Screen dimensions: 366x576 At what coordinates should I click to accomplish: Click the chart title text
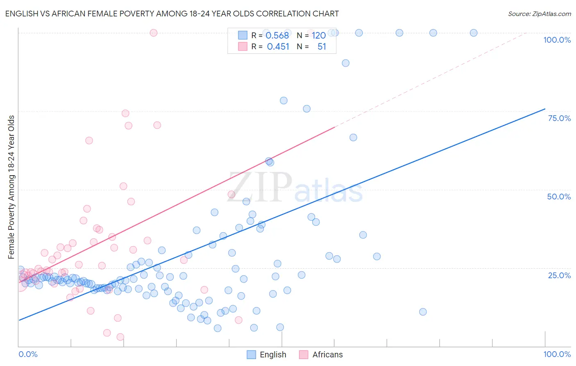(172, 14)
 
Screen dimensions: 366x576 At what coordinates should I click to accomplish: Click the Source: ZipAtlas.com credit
(539, 14)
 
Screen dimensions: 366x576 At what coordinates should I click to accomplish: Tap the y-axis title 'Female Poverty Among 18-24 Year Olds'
(11, 187)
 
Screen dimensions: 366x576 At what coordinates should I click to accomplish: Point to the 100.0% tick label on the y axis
(557, 40)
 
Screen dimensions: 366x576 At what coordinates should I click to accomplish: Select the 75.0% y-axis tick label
(559, 118)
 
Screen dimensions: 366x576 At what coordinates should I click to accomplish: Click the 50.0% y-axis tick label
(559, 197)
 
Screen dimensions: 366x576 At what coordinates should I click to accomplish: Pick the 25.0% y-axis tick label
(559, 275)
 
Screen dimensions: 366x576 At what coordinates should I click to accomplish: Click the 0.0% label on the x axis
(28, 354)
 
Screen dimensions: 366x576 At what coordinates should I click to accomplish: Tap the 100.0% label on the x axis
(557, 354)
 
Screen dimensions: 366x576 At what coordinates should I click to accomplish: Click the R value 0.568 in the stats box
(277, 36)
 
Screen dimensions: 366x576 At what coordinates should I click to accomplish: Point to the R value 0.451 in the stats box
(278, 47)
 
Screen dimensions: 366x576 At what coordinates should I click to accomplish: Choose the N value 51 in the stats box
(322, 47)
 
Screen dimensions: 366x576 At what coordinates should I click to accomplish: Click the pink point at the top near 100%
(154, 33)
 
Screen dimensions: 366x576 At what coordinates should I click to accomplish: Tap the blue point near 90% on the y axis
(346, 63)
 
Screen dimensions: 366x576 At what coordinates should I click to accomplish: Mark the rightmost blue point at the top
(474, 33)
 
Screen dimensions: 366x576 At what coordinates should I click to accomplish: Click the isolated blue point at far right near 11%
(423, 312)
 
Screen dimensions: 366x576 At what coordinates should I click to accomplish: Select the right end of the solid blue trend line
(545, 109)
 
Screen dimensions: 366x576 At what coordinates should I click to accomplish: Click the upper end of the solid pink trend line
(335, 127)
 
